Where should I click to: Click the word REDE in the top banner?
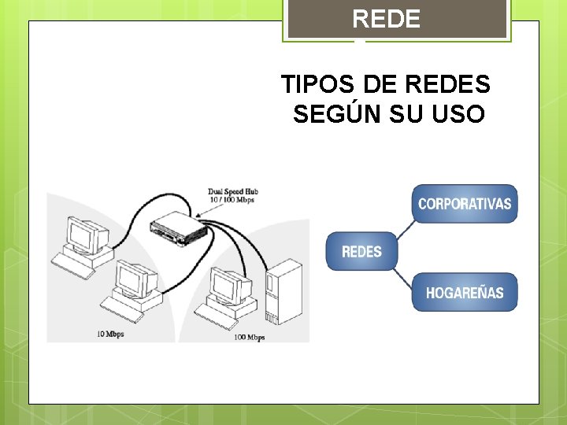386,19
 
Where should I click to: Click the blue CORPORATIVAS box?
465,204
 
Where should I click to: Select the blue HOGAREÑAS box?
465,293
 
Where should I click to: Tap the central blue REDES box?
361,252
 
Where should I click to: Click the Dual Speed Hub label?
233,191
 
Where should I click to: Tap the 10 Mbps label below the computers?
111,334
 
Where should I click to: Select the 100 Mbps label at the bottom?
249,338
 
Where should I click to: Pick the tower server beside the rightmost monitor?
283,291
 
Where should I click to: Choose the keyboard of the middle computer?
126,309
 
